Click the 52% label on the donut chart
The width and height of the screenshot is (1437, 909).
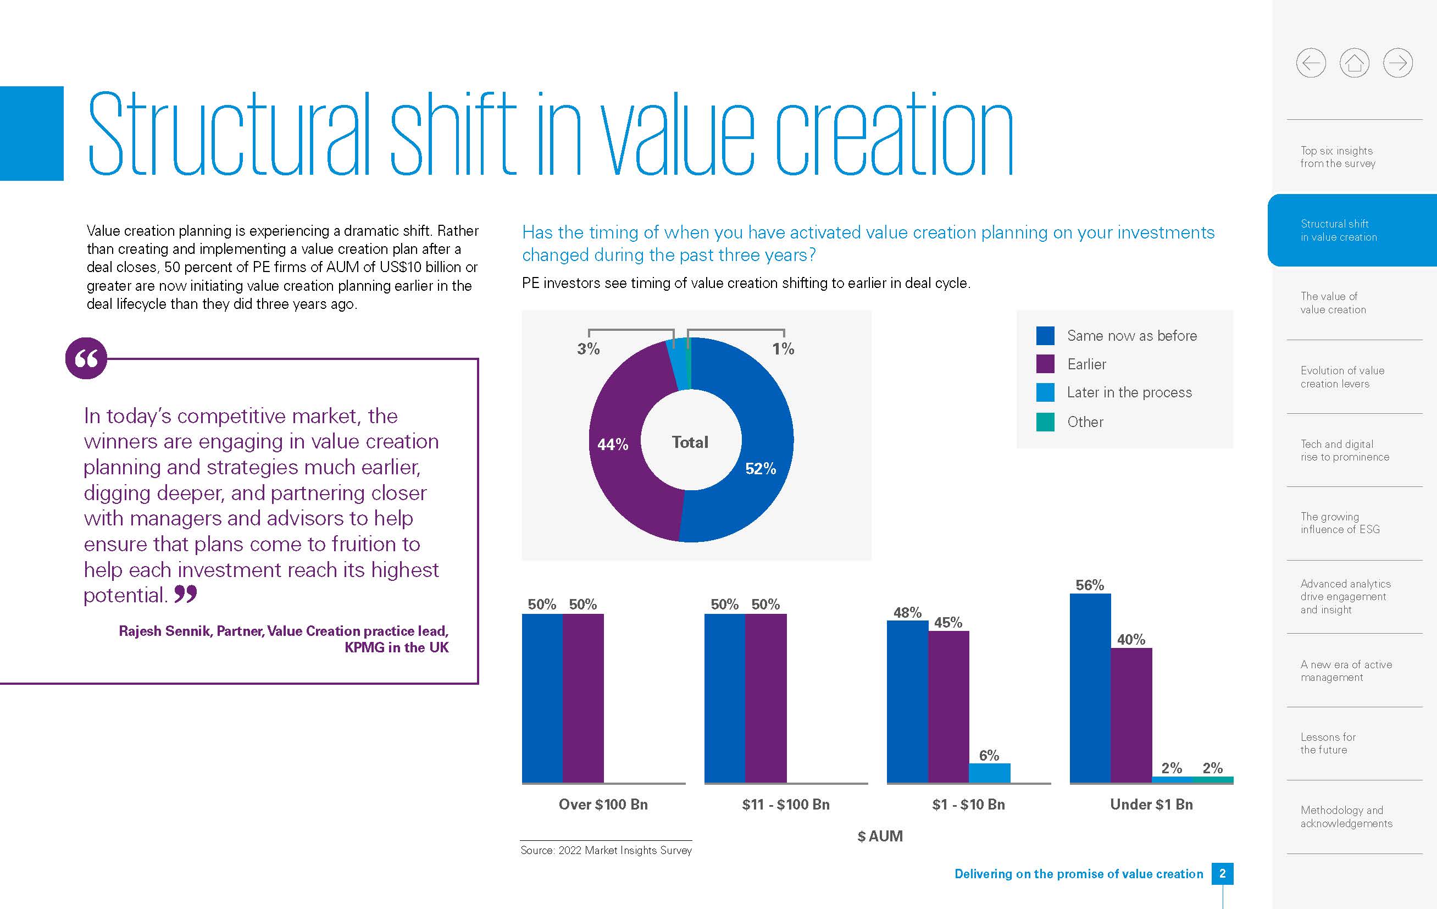tap(761, 469)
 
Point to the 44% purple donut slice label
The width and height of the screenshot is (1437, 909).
tap(613, 445)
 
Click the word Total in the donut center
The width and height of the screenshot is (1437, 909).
tap(690, 442)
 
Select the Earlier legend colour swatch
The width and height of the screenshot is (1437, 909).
tap(1045, 364)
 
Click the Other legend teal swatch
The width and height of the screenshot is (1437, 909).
tap(1045, 422)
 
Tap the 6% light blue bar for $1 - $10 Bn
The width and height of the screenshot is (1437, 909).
tap(989, 773)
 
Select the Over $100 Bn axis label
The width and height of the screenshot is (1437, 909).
tap(603, 805)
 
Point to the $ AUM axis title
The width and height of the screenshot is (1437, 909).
tap(880, 836)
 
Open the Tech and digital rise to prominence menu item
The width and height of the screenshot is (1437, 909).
tap(1345, 451)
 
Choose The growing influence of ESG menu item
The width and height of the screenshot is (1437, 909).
tap(1340, 523)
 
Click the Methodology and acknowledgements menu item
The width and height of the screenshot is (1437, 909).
tap(1346, 817)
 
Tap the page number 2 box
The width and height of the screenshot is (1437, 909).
tap(1222, 874)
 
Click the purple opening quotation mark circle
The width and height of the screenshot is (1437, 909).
tap(86, 358)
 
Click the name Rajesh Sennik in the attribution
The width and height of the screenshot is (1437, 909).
tap(165, 631)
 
